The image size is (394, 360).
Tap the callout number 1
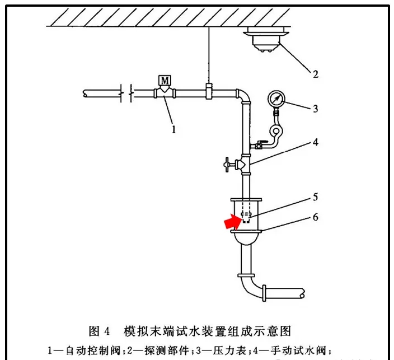pos(174,129)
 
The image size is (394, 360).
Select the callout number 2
pos(315,73)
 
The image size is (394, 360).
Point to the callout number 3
pos(315,109)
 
